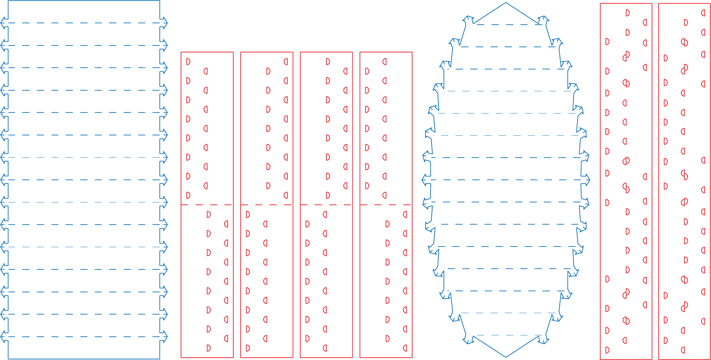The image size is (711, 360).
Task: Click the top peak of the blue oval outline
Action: click(506, 3)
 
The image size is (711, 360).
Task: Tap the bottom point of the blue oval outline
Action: click(506, 357)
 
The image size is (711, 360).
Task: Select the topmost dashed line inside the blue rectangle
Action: click(84, 23)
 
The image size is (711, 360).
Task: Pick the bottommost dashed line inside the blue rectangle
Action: click(84, 336)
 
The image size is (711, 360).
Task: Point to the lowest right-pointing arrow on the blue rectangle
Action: click(164, 336)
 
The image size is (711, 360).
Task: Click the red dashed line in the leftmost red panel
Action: click(207, 205)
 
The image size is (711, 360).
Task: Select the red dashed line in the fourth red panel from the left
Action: click(386, 205)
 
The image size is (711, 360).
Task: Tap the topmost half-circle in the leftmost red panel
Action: click(188, 62)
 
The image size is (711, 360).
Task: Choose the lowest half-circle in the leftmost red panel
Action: click(208, 348)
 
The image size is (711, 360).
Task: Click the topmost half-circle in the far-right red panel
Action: click(703, 13)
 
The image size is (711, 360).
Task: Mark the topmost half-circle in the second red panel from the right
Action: click(627, 13)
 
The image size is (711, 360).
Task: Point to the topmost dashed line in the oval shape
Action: click(506, 24)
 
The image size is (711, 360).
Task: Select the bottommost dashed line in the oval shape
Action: click(506, 335)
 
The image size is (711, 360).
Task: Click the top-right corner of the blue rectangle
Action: click(160, 1)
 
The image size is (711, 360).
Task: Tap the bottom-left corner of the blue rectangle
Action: click(8, 359)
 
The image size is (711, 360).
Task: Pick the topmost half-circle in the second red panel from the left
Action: click(286, 62)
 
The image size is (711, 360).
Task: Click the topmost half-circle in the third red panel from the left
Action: click(328, 62)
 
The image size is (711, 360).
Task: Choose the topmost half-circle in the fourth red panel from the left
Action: click(385, 62)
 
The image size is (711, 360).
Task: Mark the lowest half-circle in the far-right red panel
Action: click(683, 350)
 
